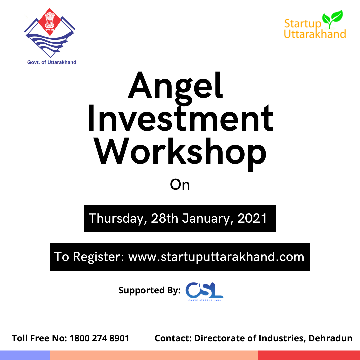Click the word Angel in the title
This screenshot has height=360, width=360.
(176, 87)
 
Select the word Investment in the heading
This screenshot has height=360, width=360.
(180, 118)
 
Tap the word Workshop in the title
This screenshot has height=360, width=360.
(180, 153)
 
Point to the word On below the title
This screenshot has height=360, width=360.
(180, 185)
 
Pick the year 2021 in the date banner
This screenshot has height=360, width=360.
(252, 218)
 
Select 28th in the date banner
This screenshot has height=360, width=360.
(164, 218)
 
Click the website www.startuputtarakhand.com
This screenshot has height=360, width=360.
(216, 257)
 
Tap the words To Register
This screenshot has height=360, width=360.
(89, 257)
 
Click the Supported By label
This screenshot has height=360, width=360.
(149, 290)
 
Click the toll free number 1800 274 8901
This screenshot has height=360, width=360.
(99, 338)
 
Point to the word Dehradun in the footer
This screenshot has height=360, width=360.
(330, 338)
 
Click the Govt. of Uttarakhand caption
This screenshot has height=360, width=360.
(52, 62)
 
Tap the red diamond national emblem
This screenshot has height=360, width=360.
(50, 22)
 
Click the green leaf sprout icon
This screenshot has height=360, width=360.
(332, 19)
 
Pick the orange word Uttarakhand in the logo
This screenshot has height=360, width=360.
(315, 34)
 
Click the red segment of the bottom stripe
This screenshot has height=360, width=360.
(309, 355)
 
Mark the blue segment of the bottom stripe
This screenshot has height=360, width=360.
(25, 355)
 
